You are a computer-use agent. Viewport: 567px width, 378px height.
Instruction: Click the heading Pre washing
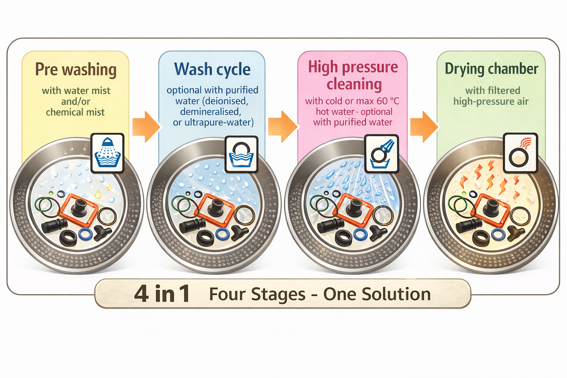(76, 70)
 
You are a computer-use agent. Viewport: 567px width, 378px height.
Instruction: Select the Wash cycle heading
(212, 69)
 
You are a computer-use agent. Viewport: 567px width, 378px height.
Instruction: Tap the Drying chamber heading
(491, 69)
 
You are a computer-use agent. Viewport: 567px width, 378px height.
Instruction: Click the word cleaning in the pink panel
(354, 84)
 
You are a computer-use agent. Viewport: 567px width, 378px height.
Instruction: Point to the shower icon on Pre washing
(107, 153)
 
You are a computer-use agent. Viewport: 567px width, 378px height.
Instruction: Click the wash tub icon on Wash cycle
(241, 154)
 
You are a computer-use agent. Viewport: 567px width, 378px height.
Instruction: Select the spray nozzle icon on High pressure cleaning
(382, 153)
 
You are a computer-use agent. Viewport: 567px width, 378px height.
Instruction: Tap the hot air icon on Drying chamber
(520, 153)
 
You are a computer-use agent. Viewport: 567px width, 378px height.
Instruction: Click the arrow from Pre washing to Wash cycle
(146, 127)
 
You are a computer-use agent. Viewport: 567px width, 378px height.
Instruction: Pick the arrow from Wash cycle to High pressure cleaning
(282, 126)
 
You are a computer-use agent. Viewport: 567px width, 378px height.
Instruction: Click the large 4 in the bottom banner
(141, 294)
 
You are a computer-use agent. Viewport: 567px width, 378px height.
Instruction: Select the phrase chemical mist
(75, 112)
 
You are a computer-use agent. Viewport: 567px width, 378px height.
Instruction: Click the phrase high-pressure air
(491, 102)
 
